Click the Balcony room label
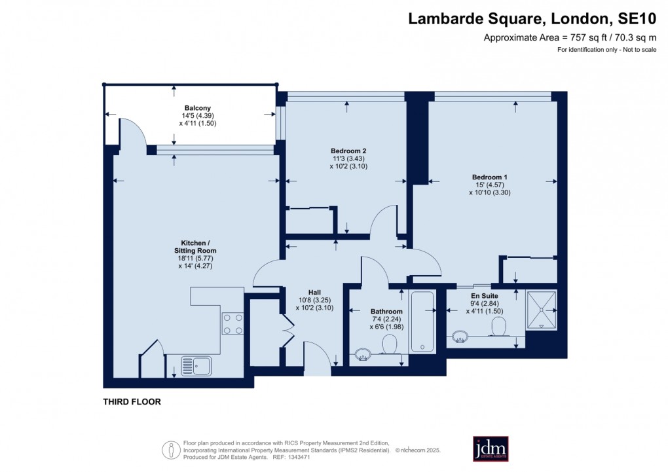197,107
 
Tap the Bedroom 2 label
344,151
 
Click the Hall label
314,293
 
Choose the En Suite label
483,296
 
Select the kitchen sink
196,365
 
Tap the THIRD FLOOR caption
132,402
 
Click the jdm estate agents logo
491,448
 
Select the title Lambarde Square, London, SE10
532,18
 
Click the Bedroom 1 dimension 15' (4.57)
488,185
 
